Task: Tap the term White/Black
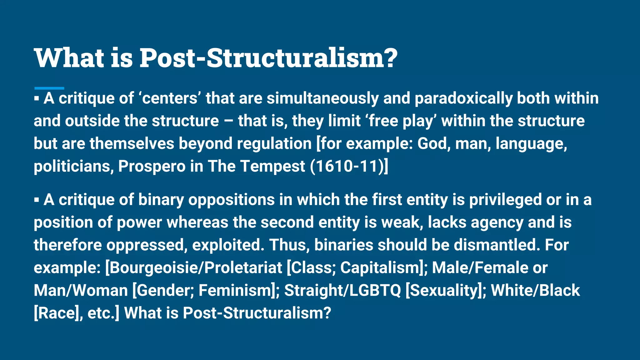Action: coord(535,290)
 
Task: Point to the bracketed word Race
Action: coord(56,313)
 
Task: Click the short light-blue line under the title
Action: coord(49,88)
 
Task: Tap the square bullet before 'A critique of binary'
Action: coord(37,200)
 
